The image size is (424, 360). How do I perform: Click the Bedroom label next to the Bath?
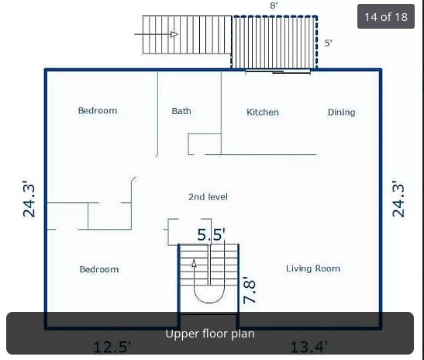pos(97,111)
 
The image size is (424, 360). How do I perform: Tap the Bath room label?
pos(181,111)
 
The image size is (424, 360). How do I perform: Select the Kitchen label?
pos(263,112)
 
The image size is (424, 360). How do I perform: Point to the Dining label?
pos(341,112)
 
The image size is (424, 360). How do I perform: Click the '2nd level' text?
pos(208,197)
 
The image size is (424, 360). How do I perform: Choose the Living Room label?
pos(313,268)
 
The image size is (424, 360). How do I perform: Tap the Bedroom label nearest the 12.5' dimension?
pos(99,269)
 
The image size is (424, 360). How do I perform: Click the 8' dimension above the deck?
pos(274,5)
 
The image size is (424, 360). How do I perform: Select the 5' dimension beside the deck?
pos(328,43)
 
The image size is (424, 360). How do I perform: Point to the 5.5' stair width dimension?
pos(211,234)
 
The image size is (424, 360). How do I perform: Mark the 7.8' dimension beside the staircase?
pos(250,290)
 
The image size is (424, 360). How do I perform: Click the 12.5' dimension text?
pos(112,347)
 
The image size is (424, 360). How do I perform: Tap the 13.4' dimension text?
pos(309,347)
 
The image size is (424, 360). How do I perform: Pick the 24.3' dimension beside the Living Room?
pos(398,199)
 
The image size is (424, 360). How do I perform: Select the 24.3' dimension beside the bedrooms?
pos(29,199)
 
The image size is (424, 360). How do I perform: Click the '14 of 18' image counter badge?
pos(385,16)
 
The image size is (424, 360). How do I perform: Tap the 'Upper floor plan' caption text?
pos(210,334)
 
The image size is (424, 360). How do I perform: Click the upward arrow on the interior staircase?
pos(195,264)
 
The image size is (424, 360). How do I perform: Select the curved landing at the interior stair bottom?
pos(209,294)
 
